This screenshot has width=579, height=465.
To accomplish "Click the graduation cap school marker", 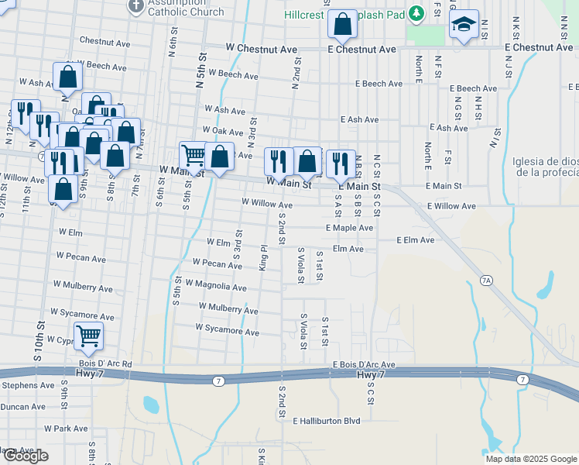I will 464,26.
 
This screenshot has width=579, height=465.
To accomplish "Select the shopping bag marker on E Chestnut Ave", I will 342,25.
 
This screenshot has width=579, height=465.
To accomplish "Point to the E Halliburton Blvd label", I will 327,421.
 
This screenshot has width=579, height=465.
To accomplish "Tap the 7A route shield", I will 485,281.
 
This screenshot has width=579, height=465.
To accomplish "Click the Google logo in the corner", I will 25,455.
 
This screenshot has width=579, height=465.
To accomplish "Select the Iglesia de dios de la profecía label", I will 545,167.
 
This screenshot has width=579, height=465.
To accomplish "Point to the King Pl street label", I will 264,257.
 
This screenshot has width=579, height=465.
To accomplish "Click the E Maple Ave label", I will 349,228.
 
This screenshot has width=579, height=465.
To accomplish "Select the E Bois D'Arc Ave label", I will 364,364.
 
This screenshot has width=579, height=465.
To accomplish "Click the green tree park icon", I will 416,13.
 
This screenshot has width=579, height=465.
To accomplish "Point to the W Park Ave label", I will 66,428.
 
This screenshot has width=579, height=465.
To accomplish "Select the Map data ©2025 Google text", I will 531,459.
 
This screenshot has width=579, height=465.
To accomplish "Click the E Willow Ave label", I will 451,207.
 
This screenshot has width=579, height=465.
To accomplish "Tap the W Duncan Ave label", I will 23,406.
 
